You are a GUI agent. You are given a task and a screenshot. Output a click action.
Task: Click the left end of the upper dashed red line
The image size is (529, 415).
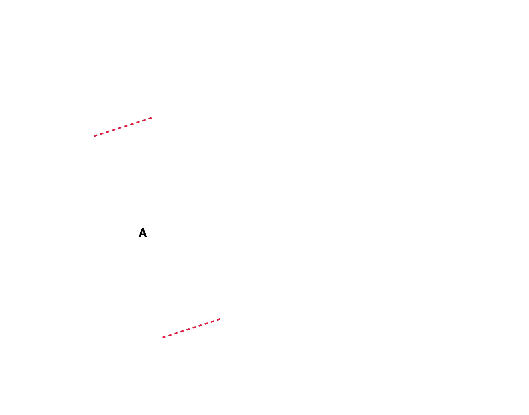(x=94, y=136)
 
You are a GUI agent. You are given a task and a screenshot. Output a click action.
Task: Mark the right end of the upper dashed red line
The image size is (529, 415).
(x=152, y=118)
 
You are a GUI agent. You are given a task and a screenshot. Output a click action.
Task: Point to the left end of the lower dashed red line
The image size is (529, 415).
(x=163, y=337)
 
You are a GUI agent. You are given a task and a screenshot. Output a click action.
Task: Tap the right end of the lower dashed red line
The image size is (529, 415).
(x=220, y=319)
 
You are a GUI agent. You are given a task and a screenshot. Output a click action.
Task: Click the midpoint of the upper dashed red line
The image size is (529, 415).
(x=123, y=127)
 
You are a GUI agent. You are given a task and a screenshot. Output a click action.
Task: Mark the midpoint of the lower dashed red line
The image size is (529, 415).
(x=191, y=328)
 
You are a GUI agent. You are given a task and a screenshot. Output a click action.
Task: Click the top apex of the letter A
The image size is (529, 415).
(x=143, y=229)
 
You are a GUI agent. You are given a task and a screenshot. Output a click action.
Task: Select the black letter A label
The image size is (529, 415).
(x=143, y=233)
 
